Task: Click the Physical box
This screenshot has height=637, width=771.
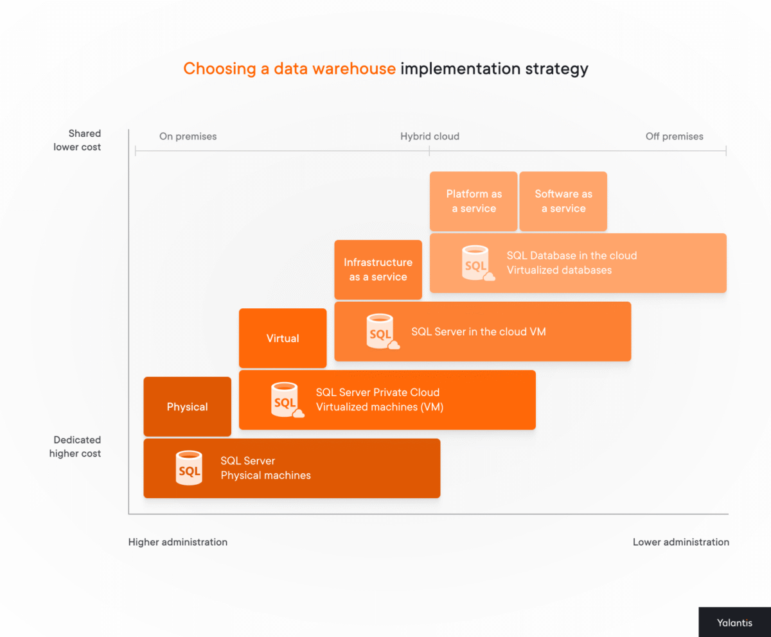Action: (187, 406)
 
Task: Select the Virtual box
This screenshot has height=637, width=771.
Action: (283, 338)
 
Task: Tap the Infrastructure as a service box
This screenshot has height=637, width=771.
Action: (378, 270)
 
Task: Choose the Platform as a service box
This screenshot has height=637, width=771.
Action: (474, 201)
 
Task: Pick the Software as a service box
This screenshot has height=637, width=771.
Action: (563, 201)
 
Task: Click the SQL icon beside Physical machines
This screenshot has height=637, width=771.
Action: (189, 468)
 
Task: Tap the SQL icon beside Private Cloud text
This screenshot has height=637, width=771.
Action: (285, 399)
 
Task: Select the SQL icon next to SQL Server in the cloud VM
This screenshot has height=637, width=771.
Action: (381, 331)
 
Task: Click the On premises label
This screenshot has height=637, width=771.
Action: (188, 136)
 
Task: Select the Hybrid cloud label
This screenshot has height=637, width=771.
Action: (430, 136)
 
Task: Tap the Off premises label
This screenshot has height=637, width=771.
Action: (674, 136)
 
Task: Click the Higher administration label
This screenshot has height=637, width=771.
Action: (178, 542)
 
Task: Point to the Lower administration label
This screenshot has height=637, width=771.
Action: (680, 542)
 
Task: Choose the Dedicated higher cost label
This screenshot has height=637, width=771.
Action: (76, 446)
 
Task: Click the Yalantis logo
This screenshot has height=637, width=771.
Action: (734, 622)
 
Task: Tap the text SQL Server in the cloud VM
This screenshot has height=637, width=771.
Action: (479, 332)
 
